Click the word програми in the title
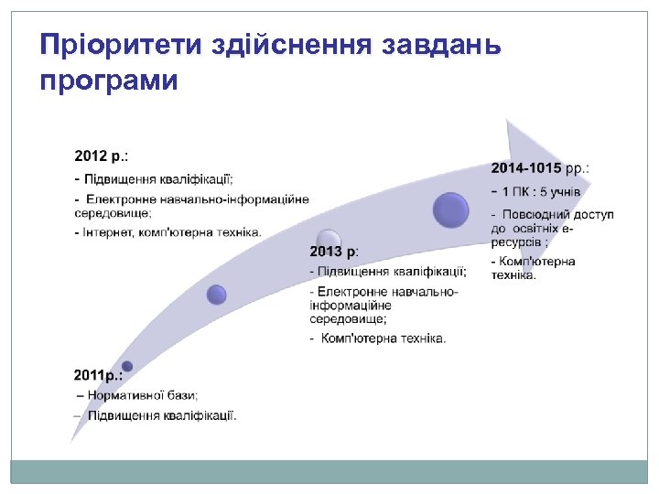(x=109, y=81)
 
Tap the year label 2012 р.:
(x=101, y=156)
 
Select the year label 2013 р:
(x=333, y=252)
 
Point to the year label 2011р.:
(x=98, y=376)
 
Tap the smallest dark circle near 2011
(x=127, y=366)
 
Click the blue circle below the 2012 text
(x=217, y=294)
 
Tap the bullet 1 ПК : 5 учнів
(x=541, y=192)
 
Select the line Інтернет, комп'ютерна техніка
(x=168, y=232)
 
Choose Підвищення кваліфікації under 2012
(x=159, y=179)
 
